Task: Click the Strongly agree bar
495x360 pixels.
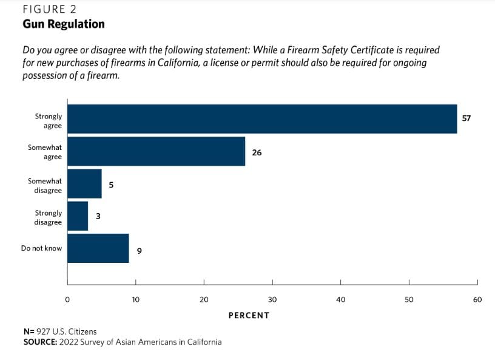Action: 261,119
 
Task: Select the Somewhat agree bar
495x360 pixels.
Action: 156,151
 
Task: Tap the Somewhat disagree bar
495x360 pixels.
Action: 84,184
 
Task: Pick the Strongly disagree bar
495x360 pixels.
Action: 78,216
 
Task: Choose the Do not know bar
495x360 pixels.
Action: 98,248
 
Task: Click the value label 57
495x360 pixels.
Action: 466,118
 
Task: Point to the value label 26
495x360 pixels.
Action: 257,152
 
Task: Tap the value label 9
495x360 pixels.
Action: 140,250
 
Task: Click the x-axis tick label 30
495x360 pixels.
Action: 272,299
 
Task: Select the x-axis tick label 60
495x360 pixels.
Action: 477,299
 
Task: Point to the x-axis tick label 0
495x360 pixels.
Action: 67,299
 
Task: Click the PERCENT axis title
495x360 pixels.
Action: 249,316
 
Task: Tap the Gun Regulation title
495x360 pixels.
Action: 64,24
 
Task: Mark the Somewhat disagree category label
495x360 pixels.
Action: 45,186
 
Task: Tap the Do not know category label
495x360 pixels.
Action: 41,248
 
